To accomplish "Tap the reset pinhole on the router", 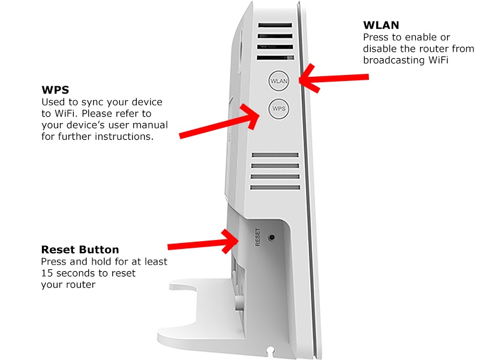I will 272,238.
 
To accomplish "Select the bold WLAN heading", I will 381,26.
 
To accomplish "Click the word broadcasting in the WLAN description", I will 393,60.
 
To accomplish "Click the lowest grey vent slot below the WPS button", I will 275,188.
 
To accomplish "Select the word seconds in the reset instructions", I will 78,273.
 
